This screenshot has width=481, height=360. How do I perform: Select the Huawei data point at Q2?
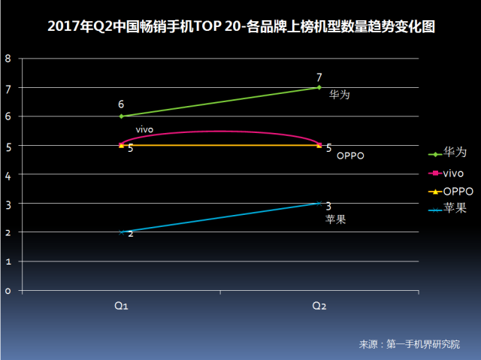(319, 87)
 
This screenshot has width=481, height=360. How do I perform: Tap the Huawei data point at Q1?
(121, 116)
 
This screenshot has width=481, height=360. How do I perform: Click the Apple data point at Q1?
(121, 231)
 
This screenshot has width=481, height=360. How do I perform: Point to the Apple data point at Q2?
(319, 203)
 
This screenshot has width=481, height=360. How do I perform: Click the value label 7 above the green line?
(319, 77)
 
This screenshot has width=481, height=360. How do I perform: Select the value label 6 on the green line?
(121, 105)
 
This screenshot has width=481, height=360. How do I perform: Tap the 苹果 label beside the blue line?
(335, 219)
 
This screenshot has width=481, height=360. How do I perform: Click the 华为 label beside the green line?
(340, 95)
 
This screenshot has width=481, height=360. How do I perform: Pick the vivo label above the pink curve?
(145, 130)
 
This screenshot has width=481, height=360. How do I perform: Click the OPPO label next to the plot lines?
(349, 156)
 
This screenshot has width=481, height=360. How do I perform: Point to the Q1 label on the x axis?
(121, 306)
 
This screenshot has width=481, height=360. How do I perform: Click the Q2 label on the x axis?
(319, 306)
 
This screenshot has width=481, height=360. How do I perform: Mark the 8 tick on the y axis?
(8, 59)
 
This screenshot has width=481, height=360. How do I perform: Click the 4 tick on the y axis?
(8, 174)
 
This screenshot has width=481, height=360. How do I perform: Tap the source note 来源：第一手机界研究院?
(409, 344)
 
